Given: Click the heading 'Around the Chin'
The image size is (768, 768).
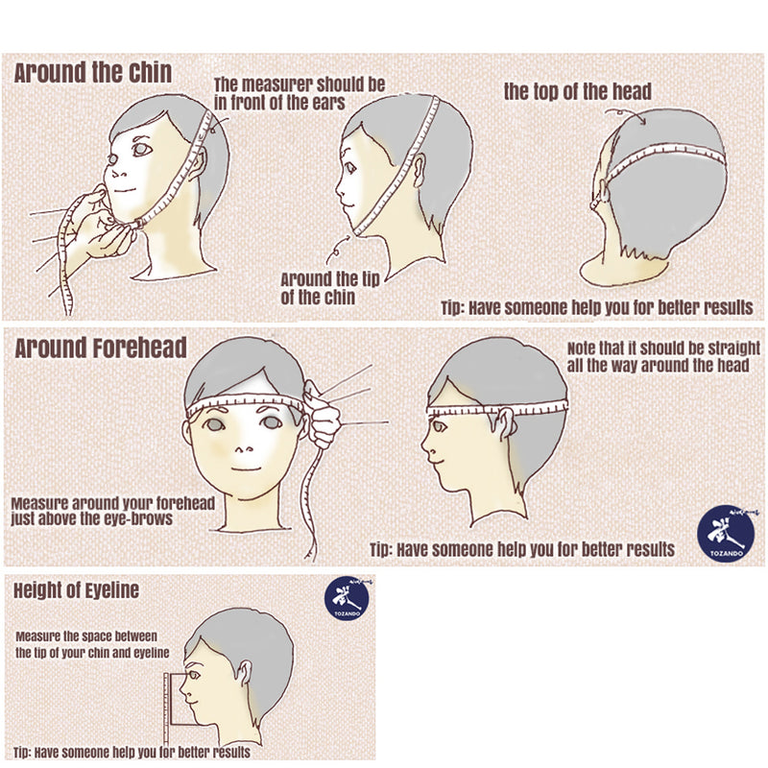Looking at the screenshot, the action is (x=92, y=73).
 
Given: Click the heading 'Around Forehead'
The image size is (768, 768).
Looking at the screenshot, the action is (x=101, y=348).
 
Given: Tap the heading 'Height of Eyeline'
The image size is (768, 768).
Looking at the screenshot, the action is (x=76, y=590).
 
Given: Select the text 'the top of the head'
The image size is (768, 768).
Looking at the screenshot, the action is (x=578, y=91).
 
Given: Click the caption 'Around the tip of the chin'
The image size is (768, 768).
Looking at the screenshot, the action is (x=330, y=289).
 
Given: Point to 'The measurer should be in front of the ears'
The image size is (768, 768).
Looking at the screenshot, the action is (x=300, y=93).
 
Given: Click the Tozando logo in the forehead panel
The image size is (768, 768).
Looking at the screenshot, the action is (x=726, y=534).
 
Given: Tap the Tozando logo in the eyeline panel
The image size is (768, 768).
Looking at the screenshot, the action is (x=347, y=598).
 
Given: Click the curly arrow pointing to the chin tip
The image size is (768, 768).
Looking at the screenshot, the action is (x=337, y=250).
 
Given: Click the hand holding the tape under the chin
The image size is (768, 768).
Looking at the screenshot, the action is (x=98, y=226).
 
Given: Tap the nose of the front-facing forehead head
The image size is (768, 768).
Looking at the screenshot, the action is (x=242, y=449).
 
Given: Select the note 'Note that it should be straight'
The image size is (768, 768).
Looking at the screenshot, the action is (x=663, y=348).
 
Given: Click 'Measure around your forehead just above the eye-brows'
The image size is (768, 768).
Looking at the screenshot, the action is (x=113, y=511).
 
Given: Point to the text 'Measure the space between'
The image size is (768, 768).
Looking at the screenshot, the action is (x=86, y=636).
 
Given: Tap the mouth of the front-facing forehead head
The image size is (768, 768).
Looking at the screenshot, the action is (x=246, y=469).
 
